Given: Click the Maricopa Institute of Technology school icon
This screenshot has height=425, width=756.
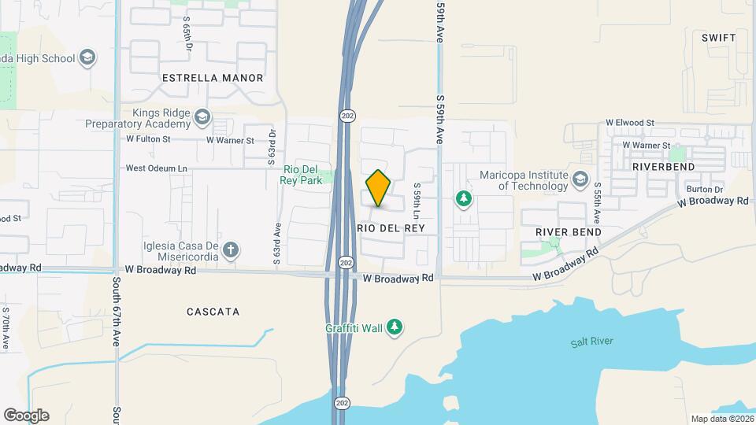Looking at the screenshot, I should pos(581,179).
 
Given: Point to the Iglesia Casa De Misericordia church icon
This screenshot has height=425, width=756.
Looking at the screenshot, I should pos(230,250).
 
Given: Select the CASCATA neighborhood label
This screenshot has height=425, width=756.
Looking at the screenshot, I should pos(213,312).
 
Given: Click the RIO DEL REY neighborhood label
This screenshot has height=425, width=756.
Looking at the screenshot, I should pos(391,227).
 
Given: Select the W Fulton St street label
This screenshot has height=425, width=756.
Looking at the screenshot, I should pos(148,139).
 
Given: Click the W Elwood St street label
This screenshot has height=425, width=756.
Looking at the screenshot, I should pos(630,123).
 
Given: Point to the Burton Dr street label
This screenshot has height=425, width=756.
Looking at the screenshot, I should pos(704,190).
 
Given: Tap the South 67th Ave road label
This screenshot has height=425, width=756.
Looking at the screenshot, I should pos(116,307).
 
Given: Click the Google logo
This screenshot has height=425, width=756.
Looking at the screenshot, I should pos(26,415).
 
